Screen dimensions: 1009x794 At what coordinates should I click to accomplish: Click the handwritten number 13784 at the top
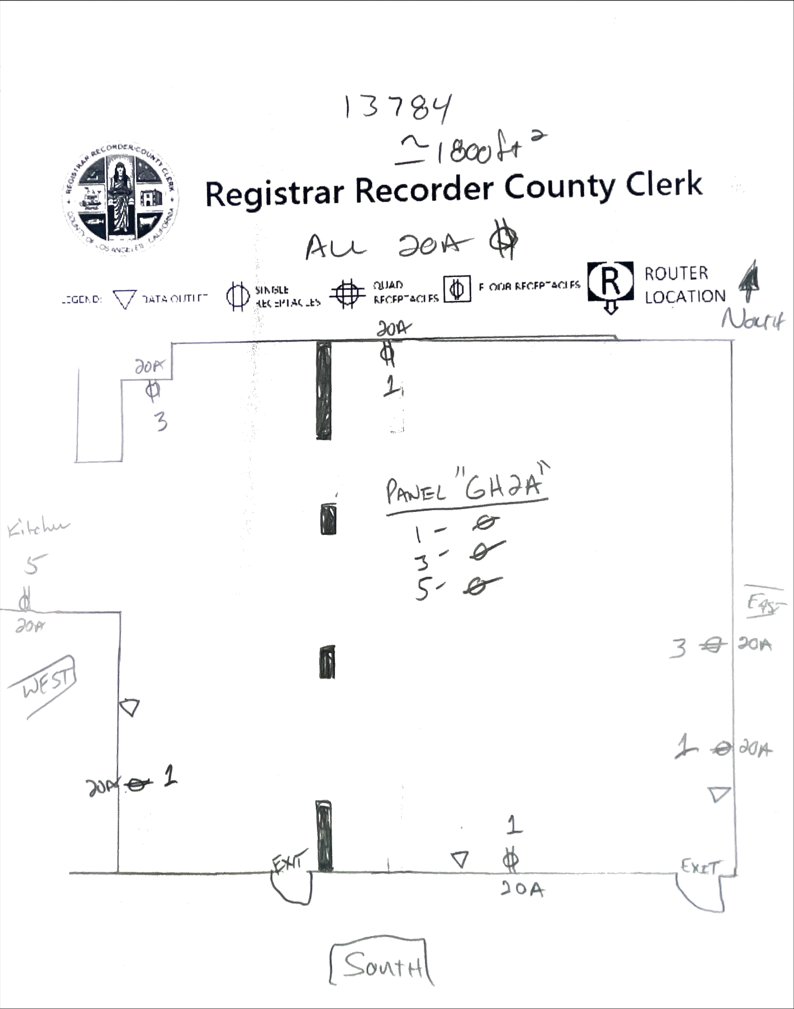point(397,108)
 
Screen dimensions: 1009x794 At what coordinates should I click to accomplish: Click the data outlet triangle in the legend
point(124,299)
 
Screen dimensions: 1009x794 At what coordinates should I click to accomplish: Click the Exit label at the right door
point(700,866)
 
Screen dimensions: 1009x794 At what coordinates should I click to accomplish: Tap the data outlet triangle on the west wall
point(130,707)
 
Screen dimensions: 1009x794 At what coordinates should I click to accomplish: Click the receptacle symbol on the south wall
point(510,861)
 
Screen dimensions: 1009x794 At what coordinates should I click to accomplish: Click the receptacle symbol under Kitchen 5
point(25,602)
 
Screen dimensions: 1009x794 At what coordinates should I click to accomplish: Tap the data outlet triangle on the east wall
point(719,793)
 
